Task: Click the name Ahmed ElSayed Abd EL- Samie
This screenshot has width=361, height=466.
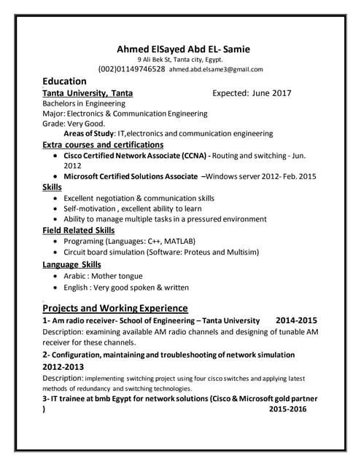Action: (x=183, y=49)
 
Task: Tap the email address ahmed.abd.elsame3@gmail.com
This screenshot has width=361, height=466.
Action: (x=216, y=69)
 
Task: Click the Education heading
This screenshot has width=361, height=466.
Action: (x=65, y=82)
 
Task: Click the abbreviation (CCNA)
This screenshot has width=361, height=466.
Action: (x=193, y=155)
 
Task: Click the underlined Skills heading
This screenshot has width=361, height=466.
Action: (x=53, y=187)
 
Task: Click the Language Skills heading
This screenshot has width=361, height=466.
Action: (x=71, y=264)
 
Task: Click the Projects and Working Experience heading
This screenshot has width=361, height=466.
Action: (x=115, y=307)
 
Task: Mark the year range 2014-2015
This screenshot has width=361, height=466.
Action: (x=297, y=320)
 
